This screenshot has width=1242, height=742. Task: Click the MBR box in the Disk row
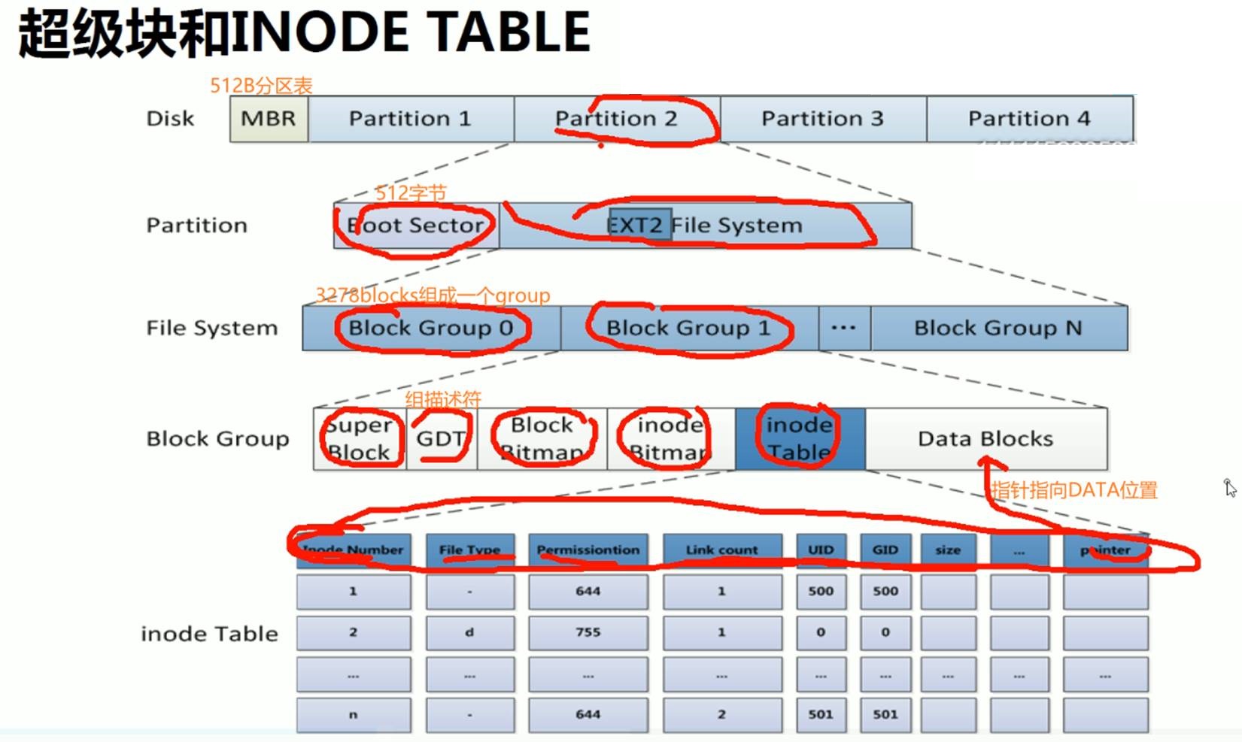click(x=269, y=119)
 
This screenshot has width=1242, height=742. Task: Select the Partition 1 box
click(x=411, y=119)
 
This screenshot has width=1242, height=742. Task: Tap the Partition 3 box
click(x=823, y=119)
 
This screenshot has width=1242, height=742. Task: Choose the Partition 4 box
click(x=1029, y=119)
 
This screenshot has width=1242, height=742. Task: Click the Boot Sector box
click(x=416, y=226)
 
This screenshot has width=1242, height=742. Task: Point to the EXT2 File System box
click(x=705, y=226)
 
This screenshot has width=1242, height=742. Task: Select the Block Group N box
click(x=998, y=328)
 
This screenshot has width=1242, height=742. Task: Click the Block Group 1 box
click(x=688, y=328)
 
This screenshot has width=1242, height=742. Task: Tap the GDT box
click(x=441, y=438)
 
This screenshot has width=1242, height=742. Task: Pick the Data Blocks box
click(x=985, y=438)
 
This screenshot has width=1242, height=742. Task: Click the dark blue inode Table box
click(x=800, y=438)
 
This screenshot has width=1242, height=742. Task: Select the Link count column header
click(x=721, y=550)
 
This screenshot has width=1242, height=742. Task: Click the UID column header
click(x=821, y=550)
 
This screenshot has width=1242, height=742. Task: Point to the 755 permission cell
click(x=588, y=632)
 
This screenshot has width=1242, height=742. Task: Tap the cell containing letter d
click(x=469, y=632)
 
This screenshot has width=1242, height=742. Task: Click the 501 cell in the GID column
click(x=885, y=714)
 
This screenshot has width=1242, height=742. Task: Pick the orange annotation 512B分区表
click(x=261, y=86)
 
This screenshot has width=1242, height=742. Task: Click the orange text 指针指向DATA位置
click(x=1073, y=490)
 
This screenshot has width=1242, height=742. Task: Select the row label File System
click(x=212, y=328)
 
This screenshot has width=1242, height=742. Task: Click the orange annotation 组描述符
click(x=443, y=399)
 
